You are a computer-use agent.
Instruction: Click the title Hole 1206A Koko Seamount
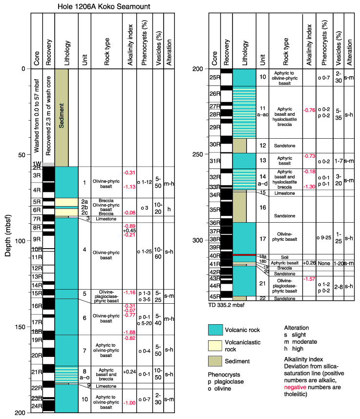pos(104,6)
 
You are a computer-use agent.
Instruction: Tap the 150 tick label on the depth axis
pos(20,327)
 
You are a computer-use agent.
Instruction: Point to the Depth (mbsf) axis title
pos(8,235)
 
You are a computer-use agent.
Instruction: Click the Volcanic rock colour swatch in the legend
pos(215,330)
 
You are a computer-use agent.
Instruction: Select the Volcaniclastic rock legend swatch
pos(215,346)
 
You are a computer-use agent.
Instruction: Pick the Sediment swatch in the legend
pos(215,361)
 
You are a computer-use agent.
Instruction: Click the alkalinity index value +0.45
pos(129,230)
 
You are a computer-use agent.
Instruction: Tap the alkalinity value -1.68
pos(129,332)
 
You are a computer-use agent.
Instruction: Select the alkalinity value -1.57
pos(309,279)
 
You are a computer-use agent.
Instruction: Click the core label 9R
pos(37,239)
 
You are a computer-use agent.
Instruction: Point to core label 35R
pos(214,209)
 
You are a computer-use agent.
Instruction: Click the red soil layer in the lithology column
pos(244,255)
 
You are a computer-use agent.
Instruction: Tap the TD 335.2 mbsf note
pos(226,305)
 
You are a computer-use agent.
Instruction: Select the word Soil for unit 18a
pos(285,257)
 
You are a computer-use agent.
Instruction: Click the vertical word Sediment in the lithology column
pos(62,116)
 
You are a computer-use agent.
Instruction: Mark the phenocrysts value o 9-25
pos(324,237)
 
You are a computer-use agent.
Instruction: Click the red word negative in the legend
pos(295,387)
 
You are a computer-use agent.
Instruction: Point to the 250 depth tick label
pos(197,154)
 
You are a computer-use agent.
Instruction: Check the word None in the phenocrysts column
pos(324,263)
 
